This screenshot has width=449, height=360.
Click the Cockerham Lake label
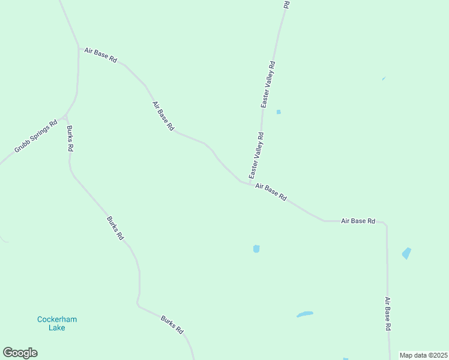57,324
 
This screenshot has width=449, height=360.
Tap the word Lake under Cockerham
57,329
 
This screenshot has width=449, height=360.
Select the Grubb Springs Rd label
36,137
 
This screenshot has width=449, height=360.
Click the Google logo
20,353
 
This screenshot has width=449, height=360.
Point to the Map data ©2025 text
423,355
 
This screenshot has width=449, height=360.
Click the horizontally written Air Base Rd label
358,221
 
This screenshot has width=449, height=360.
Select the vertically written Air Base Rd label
388,314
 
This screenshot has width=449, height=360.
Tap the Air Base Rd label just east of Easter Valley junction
271,192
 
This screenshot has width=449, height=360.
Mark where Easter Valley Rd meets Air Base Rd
249,183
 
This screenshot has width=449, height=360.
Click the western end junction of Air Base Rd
79,48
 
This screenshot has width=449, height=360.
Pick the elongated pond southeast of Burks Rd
304,314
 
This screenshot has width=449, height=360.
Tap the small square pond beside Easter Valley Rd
279,112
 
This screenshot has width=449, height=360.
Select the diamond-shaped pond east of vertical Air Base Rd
407,253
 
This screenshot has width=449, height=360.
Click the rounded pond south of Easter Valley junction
256,248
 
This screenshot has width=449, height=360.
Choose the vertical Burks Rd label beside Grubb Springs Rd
70,138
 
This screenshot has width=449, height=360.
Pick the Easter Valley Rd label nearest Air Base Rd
256,155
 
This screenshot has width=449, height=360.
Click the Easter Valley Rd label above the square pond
268,84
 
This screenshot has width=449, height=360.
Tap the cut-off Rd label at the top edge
286,4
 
